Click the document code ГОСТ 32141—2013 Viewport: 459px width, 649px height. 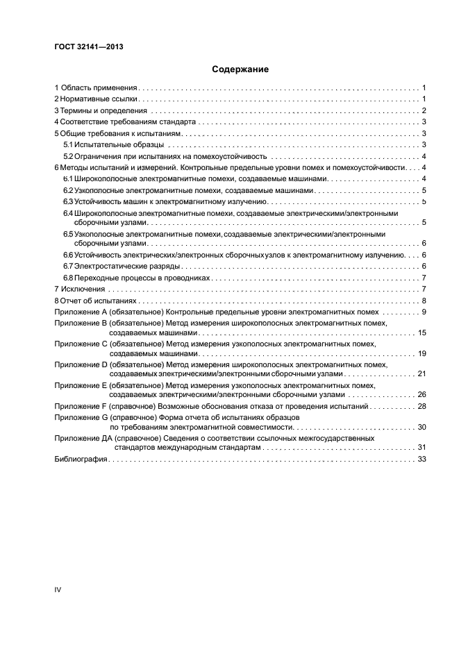coord(84,47)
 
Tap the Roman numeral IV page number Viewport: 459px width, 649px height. coord(58,589)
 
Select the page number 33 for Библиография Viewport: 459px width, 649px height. coord(421,460)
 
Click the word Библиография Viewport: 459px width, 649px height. coord(80,460)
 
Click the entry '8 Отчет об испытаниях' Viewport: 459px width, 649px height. coord(96,301)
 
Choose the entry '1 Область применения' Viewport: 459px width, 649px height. coord(97,88)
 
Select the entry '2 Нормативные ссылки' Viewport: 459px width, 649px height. coord(96,99)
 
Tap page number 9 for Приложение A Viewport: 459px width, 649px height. coord(423,312)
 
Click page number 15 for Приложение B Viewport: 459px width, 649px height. coord(421,334)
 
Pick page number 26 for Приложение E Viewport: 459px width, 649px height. coord(421,394)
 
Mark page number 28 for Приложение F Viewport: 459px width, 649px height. coord(421,405)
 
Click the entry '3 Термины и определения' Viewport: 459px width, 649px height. coord(101,110)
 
